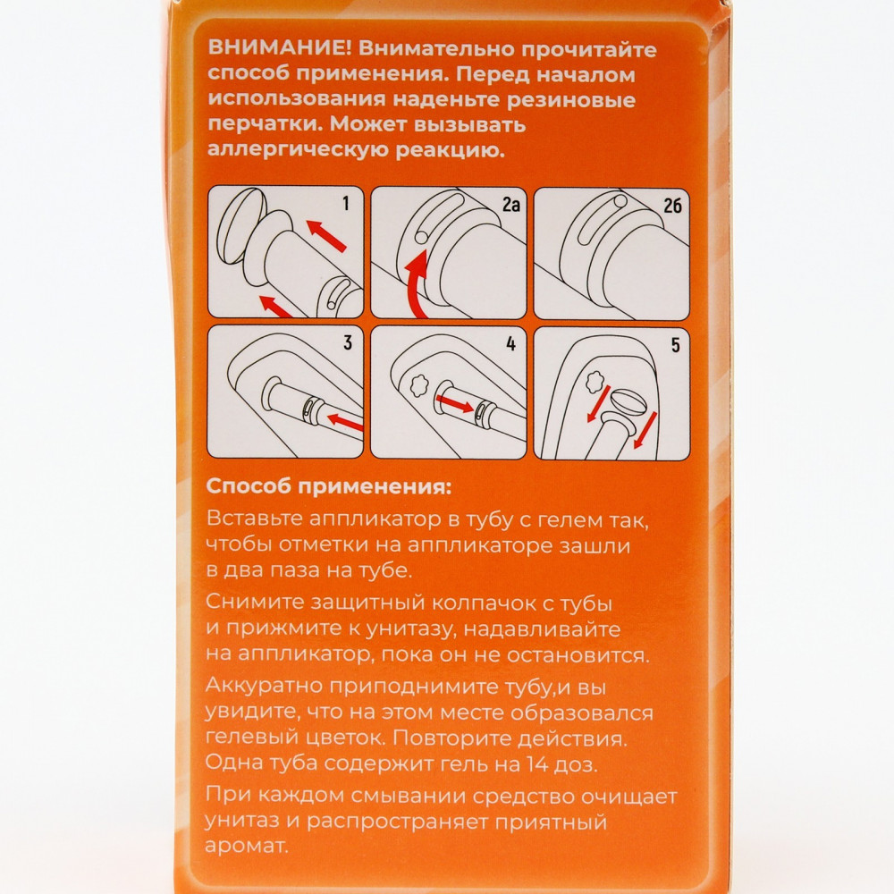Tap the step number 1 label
(345, 203)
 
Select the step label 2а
(510, 204)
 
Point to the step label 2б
(673, 205)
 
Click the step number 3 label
(347, 342)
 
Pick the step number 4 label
(510, 343)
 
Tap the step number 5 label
(676, 344)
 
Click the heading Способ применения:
(328, 487)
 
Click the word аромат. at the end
(247, 847)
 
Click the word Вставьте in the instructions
(253, 519)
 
